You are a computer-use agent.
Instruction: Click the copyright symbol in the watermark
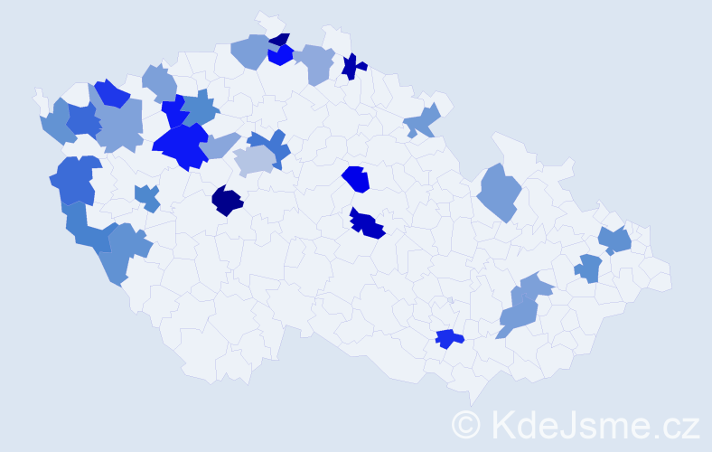point(467,424)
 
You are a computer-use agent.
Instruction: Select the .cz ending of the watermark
point(673,424)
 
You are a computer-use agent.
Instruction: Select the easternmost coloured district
point(616,240)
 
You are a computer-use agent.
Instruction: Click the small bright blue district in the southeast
point(448,339)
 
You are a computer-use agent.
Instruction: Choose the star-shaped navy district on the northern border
point(352,65)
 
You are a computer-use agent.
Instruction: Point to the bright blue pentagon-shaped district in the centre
point(358,179)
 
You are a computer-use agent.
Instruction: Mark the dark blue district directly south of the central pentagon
point(368,223)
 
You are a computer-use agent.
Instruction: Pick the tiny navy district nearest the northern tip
point(280,40)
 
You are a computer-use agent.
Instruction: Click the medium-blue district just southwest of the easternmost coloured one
point(588,268)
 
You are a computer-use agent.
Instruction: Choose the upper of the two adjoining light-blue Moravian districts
point(536,287)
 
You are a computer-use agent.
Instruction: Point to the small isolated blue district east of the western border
point(147,197)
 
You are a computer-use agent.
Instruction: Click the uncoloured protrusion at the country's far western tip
point(39,96)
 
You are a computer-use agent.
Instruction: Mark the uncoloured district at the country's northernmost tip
point(267,20)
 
